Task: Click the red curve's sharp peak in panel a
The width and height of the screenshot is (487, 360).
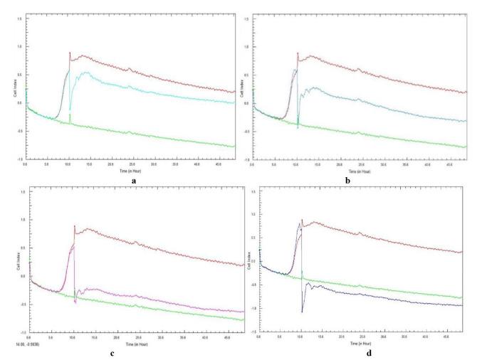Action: (69, 53)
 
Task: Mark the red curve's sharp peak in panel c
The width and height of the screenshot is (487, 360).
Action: (74, 226)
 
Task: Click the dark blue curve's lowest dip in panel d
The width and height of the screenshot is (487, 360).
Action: (302, 312)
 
